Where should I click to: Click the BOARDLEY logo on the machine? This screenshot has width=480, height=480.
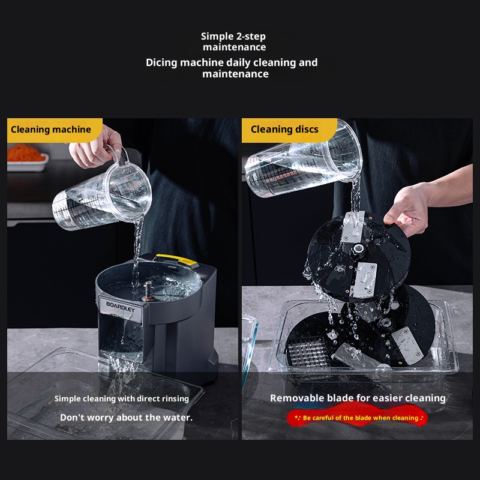point(121,307)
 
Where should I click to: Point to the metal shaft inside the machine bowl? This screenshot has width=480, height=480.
point(148,290)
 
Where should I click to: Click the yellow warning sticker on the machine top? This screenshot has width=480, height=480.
point(177,259)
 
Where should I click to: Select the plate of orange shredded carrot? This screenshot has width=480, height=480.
point(27,157)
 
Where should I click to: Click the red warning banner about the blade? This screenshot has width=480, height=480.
point(357,418)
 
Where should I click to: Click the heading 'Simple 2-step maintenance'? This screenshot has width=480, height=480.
point(233,41)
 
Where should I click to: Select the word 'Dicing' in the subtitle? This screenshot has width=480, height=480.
point(161,63)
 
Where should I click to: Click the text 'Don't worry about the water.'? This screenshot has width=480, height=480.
point(126,418)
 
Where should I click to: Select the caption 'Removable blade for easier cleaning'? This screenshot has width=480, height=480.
point(358,398)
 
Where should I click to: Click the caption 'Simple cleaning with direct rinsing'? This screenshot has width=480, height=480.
point(122,398)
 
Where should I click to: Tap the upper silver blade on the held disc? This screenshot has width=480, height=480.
point(353,227)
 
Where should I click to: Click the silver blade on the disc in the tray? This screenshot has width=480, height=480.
point(407,346)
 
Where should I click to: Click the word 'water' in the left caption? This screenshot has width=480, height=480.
point(178,418)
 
